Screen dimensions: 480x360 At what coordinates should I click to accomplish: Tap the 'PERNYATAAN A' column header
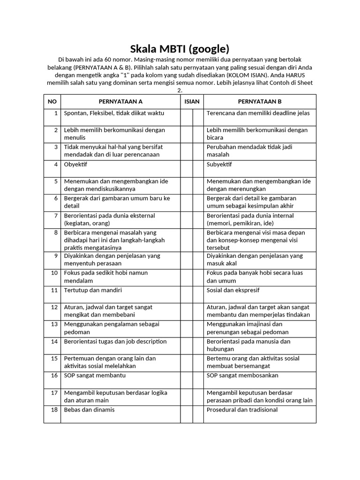[120, 101]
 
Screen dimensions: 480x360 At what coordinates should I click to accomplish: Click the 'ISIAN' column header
[192, 101]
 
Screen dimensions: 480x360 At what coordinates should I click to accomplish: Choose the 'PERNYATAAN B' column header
[260, 101]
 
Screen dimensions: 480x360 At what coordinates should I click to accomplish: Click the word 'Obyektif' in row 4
[75, 165]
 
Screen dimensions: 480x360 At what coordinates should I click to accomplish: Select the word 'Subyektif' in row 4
[219, 165]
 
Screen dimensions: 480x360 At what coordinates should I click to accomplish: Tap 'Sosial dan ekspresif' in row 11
[233, 290]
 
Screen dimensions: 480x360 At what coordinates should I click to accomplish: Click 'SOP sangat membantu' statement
[95, 375]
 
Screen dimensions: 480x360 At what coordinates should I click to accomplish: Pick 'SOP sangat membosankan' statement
[242, 375]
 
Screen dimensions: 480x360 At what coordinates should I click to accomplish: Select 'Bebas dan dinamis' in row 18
[89, 410]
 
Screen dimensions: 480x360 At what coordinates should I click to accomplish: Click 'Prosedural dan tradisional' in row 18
[242, 410]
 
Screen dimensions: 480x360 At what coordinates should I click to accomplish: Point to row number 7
[55, 216]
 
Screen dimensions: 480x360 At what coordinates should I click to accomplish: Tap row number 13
[54, 324]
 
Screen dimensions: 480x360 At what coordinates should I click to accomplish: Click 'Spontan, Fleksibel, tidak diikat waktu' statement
[114, 113]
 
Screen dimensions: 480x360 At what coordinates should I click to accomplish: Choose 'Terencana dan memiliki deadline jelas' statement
[258, 113]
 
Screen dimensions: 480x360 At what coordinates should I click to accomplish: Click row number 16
[54, 375]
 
